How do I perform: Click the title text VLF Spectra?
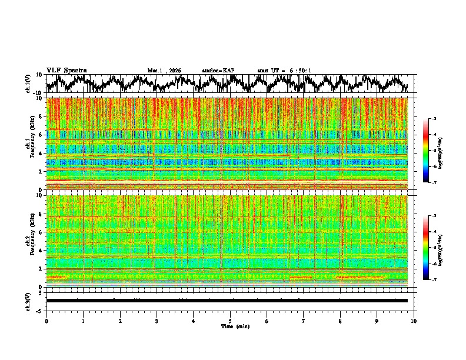66,70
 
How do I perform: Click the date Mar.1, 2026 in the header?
164,71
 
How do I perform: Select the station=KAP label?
218,71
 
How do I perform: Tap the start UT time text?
284,71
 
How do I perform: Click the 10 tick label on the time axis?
414,321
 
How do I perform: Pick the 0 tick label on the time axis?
46,321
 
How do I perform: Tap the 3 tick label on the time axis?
157,321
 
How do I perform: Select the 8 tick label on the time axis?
340,321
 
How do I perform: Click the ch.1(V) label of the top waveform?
28,84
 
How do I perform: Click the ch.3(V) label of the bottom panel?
28,301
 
